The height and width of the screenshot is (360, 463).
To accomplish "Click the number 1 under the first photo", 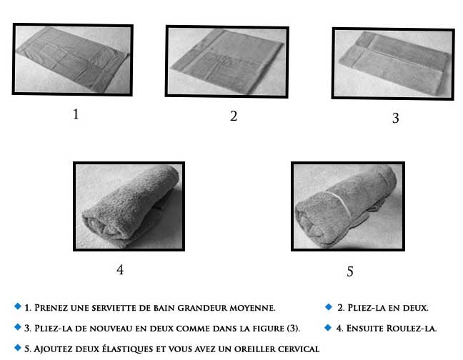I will tap(75, 114).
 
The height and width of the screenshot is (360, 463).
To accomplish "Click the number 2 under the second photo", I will tap(234, 116).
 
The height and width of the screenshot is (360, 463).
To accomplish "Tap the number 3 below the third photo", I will tap(395, 119).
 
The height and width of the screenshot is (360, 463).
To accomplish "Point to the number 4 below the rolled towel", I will tap(120, 270).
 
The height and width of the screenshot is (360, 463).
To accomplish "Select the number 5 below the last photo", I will tap(349, 271).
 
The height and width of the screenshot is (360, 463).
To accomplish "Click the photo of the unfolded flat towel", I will tap(72, 60).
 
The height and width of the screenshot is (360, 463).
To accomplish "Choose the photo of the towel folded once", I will tap(226, 61).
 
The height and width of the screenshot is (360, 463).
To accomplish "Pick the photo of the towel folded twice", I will tap(393, 64).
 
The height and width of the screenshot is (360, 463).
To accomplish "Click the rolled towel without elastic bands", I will tap(129, 206).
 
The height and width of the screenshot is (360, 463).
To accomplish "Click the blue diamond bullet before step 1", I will tap(17, 306).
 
